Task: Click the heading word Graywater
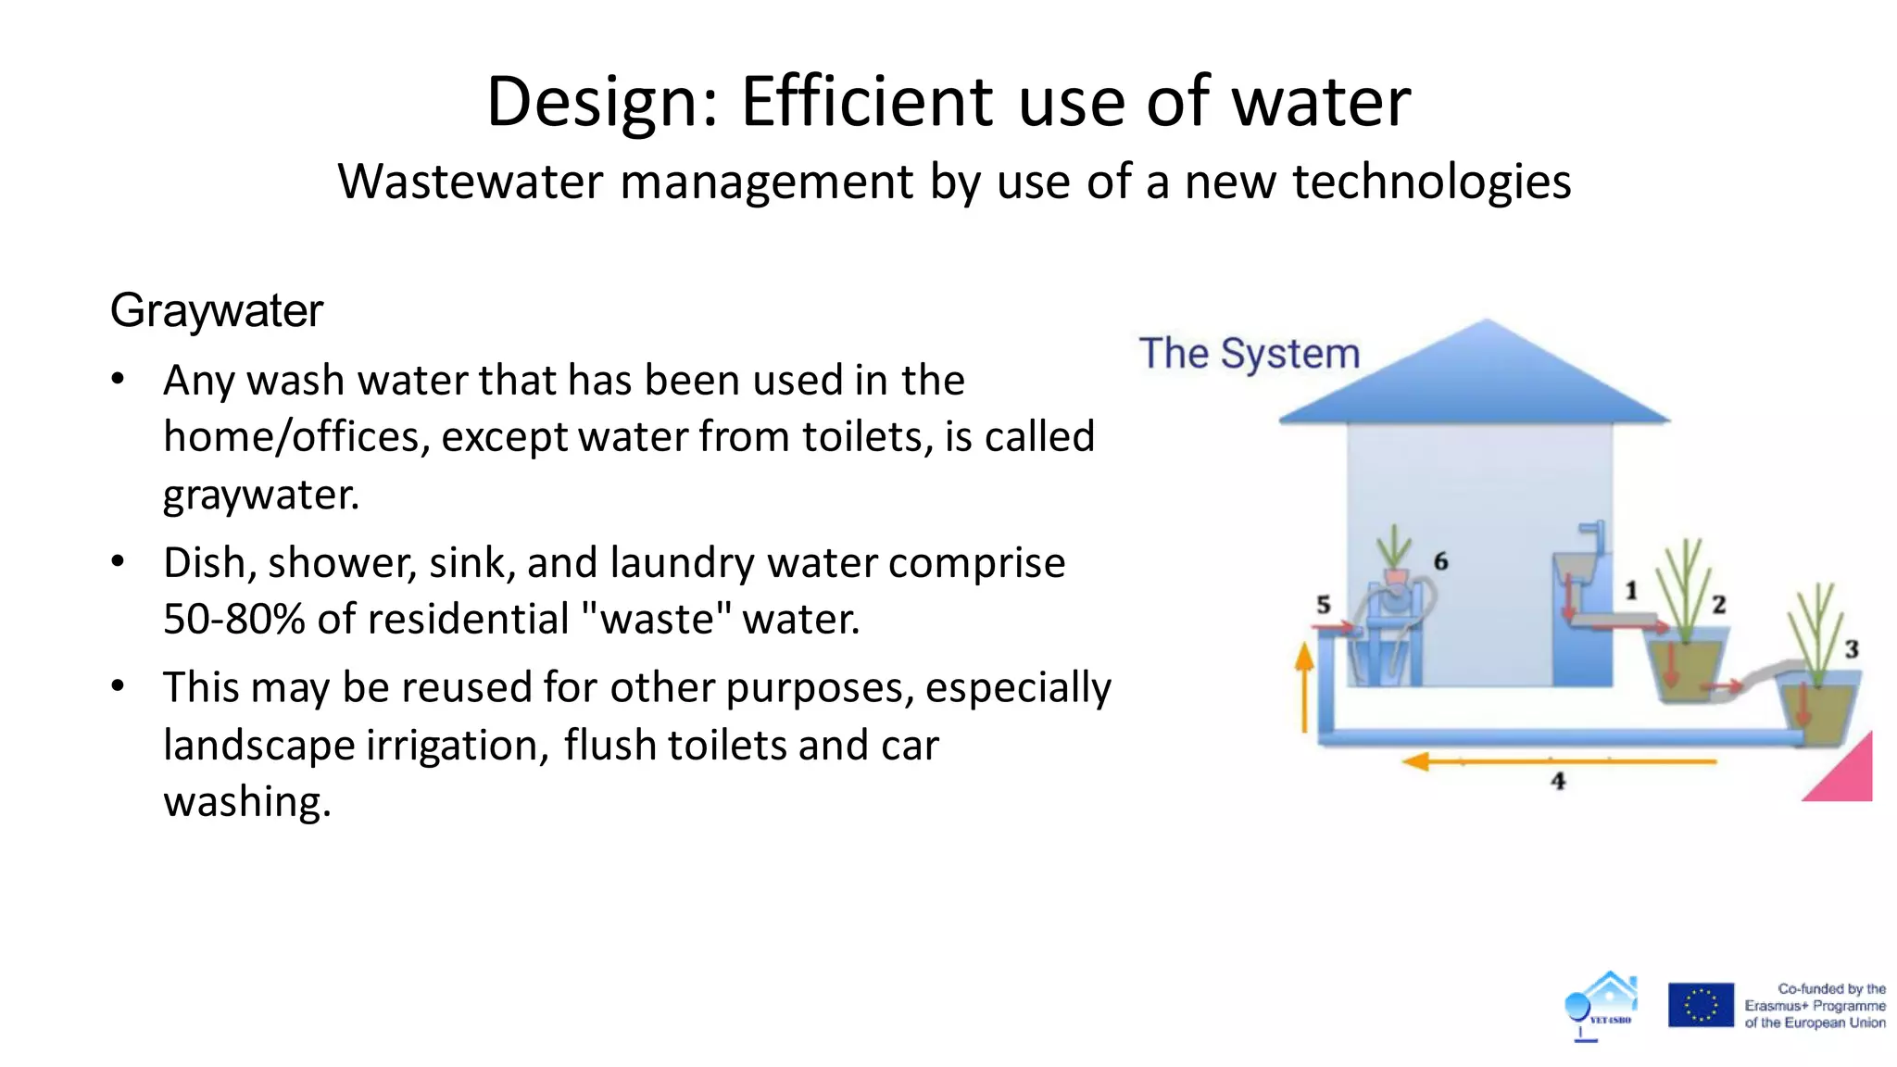tap(216, 310)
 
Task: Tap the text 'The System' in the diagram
tap(1249, 354)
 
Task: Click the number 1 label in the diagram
tap(1631, 590)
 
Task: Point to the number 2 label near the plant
tap(1718, 604)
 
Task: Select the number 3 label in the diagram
tap(1851, 648)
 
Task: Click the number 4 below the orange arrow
tap(1558, 781)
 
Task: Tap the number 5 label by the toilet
tap(1323, 605)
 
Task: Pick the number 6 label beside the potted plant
tap(1440, 560)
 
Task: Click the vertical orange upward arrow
tap(1304, 685)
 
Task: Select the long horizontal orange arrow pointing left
tap(1556, 761)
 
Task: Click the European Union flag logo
tap(1701, 1005)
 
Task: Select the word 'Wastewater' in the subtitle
tap(470, 181)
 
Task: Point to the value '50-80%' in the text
tap(233, 619)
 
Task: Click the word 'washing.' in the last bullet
tap(246, 801)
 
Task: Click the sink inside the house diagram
tap(1575, 566)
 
